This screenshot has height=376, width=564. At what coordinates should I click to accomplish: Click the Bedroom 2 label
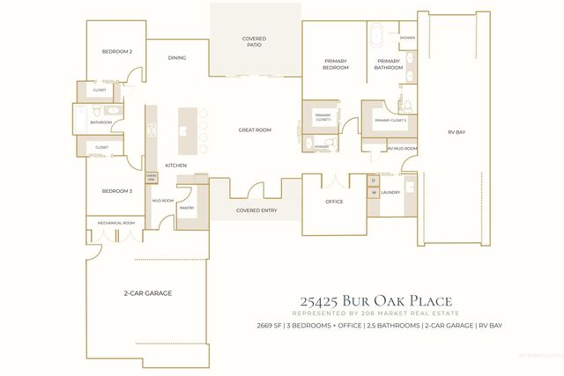click(117, 52)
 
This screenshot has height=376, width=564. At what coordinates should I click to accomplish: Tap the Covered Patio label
click(255, 41)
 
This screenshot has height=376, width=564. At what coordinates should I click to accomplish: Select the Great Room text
click(255, 130)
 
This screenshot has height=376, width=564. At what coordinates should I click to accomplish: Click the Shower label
click(406, 38)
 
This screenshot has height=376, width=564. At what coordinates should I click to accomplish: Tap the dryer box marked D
click(373, 180)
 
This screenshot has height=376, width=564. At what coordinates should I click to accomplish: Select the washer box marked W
click(373, 192)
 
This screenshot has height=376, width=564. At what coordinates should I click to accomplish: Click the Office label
click(332, 202)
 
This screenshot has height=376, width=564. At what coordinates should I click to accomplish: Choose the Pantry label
click(186, 208)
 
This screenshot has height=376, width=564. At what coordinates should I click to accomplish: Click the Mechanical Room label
click(115, 224)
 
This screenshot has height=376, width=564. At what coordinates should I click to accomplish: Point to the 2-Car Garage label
click(146, 292)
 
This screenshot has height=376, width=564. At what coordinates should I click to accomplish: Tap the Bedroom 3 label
click(116, 191)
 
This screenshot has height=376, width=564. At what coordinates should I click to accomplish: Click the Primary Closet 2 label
click(390, 121)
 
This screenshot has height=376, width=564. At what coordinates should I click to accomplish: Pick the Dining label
click(177, 58)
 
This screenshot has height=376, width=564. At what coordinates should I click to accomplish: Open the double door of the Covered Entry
click(255, 195)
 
